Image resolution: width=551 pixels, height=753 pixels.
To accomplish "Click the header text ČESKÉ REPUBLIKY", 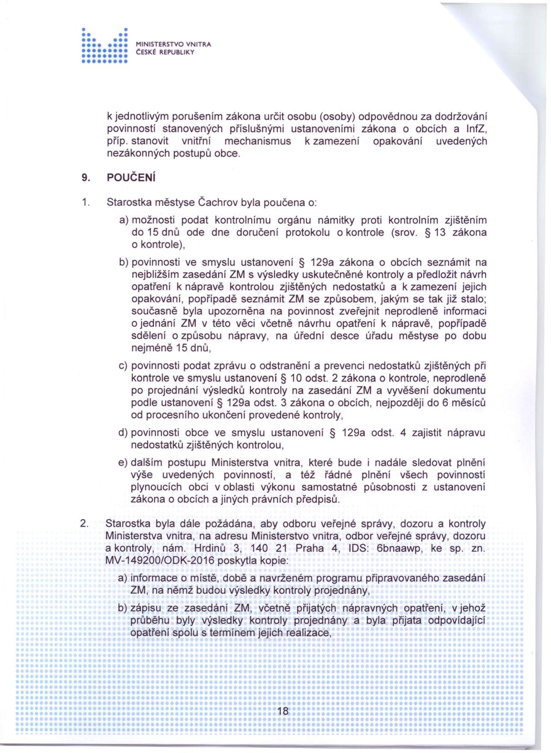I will [x=165, y=52].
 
